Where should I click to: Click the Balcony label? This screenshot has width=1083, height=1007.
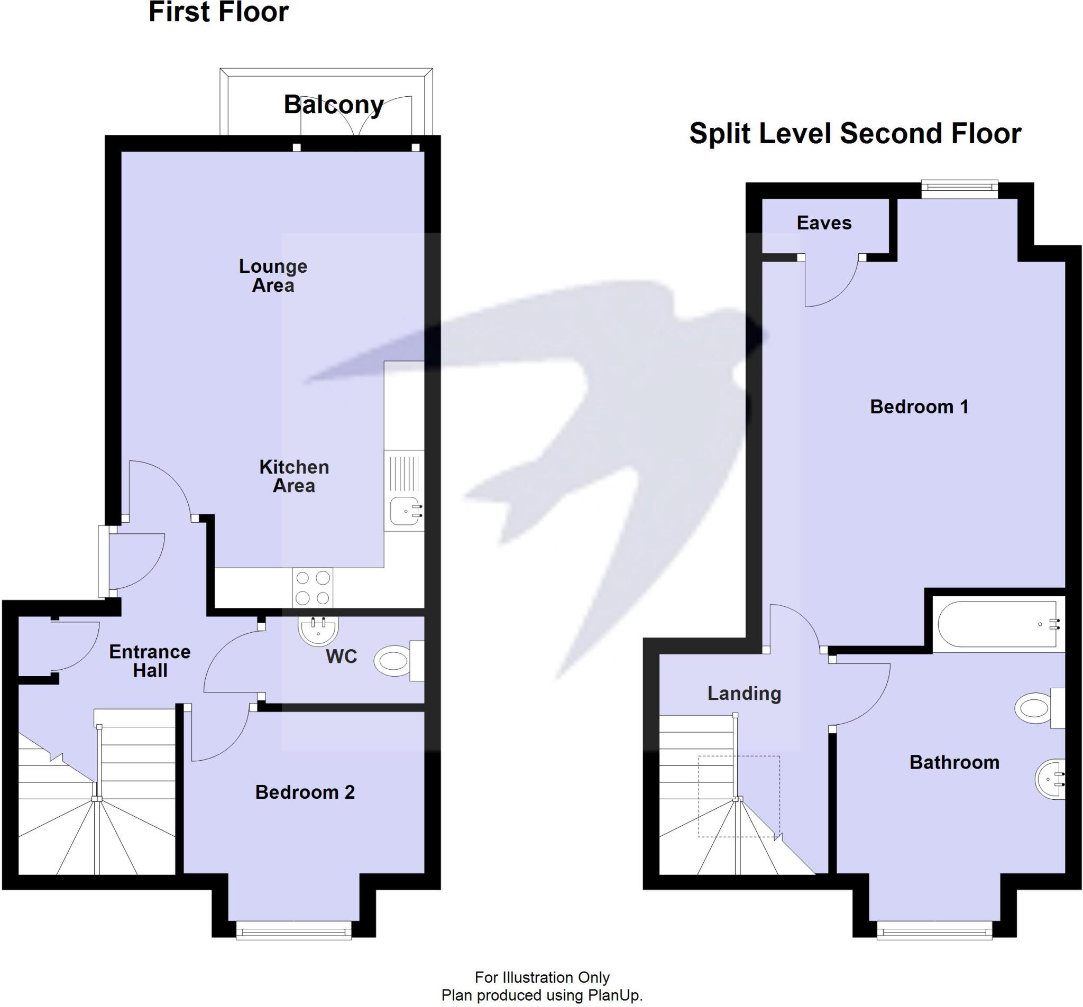pos(333,105)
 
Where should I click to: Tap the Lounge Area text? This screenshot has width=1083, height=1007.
pos(273,275)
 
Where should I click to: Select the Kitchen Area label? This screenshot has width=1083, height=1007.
pos(293,476)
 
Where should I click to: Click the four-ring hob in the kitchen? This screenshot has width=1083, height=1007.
pos(312,588)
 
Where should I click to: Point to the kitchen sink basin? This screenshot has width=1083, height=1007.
pos(404,511)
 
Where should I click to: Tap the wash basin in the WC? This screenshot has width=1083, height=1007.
pos(318,630)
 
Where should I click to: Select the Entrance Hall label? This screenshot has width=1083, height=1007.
pos(150,661)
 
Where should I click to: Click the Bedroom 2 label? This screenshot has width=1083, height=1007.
pos(305,792)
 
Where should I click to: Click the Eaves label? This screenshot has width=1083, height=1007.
pos(824,223)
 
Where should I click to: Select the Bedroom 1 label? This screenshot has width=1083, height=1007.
pos(919,407)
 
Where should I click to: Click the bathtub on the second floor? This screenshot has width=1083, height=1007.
pos(998,625)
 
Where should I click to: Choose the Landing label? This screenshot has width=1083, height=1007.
pos(744,694)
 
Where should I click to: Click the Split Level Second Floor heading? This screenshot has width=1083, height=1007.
pos(855,134)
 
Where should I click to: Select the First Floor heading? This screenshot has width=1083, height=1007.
pos(218,13)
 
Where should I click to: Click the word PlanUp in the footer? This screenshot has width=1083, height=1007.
pos(614,995)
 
